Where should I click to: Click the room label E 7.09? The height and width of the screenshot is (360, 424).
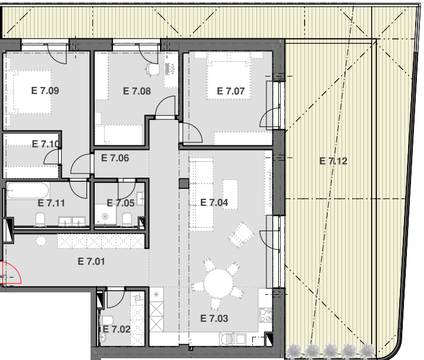pos(45,91)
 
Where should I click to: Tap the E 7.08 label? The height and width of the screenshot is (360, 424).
pos(137,91)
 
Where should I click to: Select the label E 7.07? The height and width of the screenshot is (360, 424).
pos(231,91)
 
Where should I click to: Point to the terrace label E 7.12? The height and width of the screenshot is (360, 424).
pos(333,161)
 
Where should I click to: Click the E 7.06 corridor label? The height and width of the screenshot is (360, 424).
pos(115,158)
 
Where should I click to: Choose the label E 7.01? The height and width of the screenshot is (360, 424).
pos(91,261)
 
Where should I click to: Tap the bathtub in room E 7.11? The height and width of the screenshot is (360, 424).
pos(28,191)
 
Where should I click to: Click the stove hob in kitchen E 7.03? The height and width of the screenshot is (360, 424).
pos(266,315)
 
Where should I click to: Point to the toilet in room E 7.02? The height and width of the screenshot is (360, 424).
pos(106,321)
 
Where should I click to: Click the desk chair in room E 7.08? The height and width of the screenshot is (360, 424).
pos(152,69)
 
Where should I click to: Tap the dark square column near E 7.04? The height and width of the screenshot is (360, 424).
pos(184,184)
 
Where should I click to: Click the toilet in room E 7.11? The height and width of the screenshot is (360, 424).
pos(41,219)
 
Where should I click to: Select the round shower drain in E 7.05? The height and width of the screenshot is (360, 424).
pos(105,216)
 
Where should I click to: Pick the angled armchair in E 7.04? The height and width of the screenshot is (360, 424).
pos(241,235)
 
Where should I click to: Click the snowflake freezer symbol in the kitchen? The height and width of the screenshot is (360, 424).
pos(156,295)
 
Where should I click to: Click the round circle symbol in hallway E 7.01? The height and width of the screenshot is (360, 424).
pos(41,241)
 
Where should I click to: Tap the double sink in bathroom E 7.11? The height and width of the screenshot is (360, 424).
pos(72,221)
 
